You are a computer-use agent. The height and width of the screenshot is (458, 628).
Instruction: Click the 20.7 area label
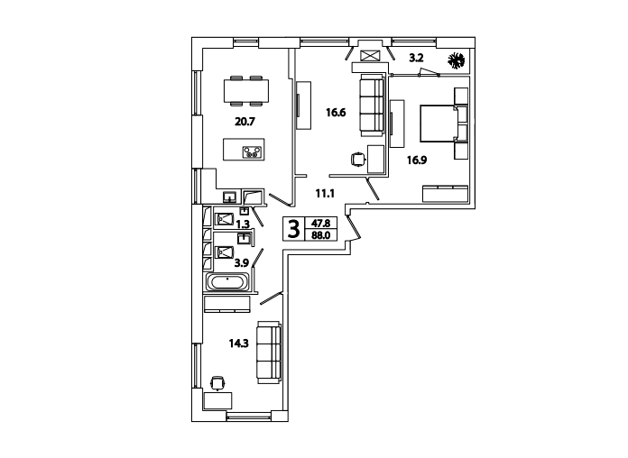point(245,122)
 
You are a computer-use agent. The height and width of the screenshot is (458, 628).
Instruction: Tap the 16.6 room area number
point(336,113)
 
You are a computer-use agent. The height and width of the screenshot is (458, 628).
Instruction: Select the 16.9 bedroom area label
point(417,160)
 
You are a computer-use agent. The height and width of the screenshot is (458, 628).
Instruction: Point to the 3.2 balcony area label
point(416,58)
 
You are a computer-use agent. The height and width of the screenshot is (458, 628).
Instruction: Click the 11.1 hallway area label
point(325,194)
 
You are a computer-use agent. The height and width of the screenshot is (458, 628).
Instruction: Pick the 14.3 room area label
point(239,343)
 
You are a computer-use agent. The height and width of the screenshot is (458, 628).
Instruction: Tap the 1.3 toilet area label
point(243,224)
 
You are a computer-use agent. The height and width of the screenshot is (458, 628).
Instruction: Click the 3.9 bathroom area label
point(242,263)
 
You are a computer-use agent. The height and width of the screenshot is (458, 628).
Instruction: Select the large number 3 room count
point(294,229)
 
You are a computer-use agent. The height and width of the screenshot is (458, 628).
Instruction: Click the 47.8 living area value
point(321,224)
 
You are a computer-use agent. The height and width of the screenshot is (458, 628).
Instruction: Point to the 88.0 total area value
point(321,235)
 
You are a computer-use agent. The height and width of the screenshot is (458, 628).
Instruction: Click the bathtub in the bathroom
point(227,282)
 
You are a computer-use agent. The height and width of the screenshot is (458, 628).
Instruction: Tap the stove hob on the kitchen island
point(253,152)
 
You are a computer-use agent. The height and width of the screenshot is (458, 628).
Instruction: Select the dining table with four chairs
point(246,91)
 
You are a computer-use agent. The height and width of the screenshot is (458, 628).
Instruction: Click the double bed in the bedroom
point(444,124)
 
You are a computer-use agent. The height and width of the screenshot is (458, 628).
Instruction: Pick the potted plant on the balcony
point(457,60)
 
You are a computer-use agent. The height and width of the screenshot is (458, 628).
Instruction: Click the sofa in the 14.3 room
point(269,353)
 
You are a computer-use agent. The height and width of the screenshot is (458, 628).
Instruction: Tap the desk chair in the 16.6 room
point(357,160)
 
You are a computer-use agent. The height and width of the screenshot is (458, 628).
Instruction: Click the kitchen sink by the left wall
point(229,197)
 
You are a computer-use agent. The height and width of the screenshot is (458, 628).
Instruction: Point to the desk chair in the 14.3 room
point(217,383)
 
